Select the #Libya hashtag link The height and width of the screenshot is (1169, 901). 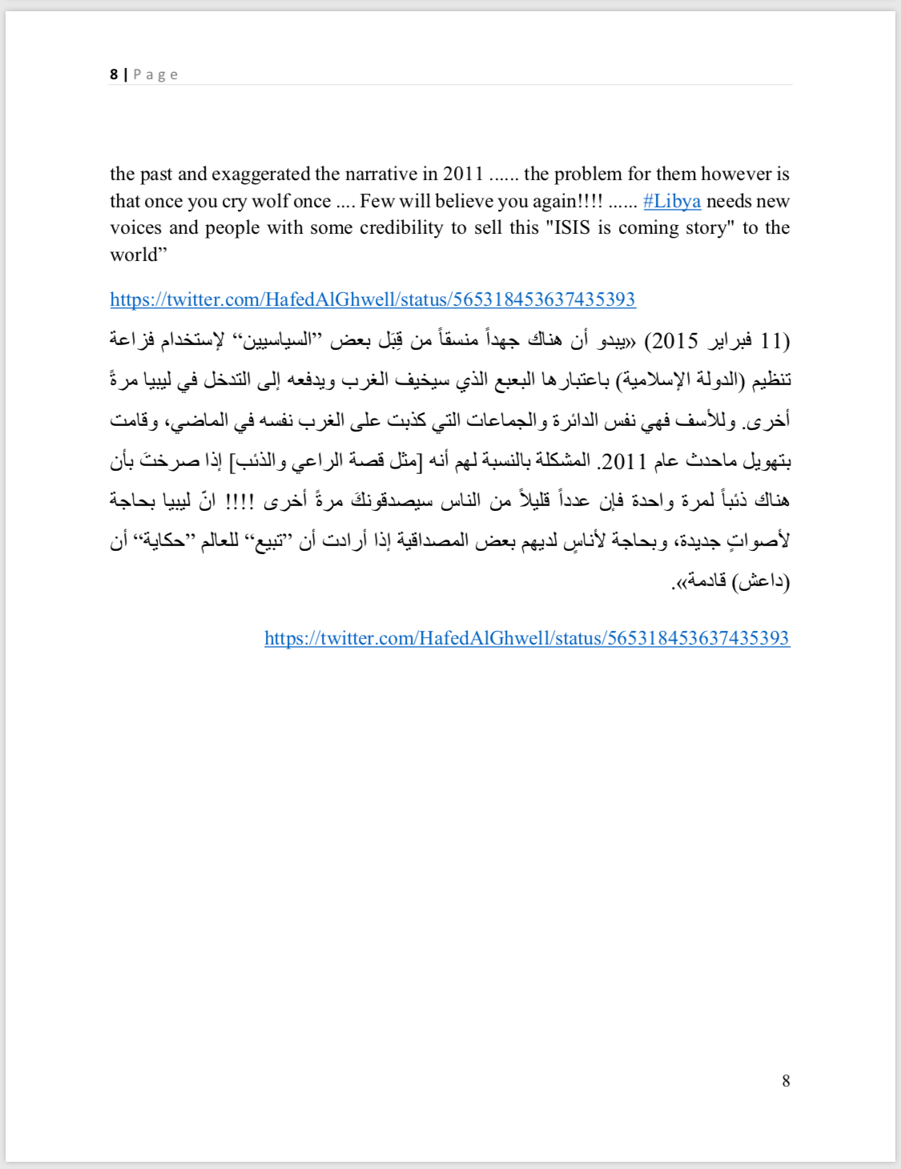pos(672,201)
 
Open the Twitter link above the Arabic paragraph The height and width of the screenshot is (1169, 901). pos(372,299)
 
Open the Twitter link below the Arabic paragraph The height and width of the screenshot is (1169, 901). pos(527,638)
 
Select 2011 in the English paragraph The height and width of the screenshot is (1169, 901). pos(463,174)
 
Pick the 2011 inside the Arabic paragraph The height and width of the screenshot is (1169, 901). pos(624,461)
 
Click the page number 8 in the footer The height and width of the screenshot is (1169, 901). pos(786,1081)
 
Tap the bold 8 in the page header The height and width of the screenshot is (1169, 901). pos(114,74)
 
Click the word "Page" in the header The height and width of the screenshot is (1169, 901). pos(155,74)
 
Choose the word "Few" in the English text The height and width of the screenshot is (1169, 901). pos(376,201)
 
